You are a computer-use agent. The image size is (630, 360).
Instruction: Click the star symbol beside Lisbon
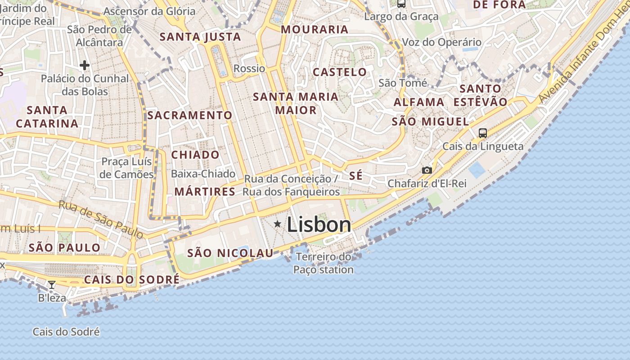click(x=278, y=224)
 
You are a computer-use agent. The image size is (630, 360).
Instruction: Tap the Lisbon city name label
click(x=319, y=225)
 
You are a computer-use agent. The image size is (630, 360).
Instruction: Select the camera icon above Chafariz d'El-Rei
click(x=427, y=170)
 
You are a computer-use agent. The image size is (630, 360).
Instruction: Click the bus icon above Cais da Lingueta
click(x=483, y=133)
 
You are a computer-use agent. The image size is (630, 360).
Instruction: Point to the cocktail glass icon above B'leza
click(x=52, y=284)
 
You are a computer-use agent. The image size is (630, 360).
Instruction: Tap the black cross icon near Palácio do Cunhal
click(x=84, y=65)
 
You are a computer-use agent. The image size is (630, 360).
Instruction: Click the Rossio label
click(x=249, y=68)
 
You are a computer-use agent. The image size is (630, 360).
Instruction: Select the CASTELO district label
click(x=340, y=72)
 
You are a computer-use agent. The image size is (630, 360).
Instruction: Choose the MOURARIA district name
click(x=315, y=30)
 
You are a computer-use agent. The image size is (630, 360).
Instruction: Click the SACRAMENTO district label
click(x=190, y=115)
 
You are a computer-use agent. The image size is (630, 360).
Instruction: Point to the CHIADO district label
click(x=195, y=155)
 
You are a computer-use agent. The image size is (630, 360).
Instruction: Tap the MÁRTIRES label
click(x=205, y=192)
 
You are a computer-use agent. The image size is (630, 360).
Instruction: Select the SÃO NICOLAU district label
click(x=230, y=253)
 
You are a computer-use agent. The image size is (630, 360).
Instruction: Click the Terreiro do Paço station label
click(x=324, y=263)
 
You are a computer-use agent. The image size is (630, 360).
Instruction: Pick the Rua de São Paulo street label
click(x=101, y=219)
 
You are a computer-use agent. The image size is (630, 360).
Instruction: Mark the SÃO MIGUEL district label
click(x=430, y=121)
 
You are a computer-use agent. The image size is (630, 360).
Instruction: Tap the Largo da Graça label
click(x=401, y=17)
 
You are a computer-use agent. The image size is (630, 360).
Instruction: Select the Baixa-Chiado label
click(x=203, y=174)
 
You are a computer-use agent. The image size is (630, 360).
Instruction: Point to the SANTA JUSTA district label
click(x=200, y=37)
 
